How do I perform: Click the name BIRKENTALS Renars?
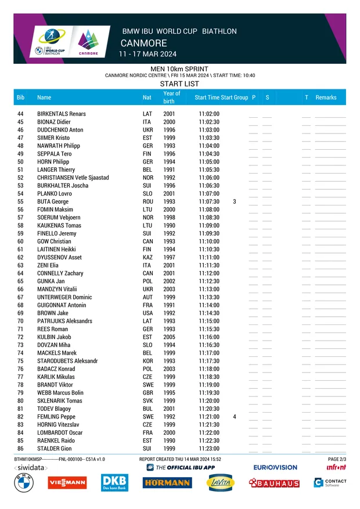61,114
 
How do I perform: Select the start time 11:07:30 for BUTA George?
209,201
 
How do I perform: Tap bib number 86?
20,449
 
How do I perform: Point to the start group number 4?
235,417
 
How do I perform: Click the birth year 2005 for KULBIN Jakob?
169,337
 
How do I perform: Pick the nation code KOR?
147,361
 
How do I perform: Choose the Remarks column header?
326,98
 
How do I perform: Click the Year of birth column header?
171,97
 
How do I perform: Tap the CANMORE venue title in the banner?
143,44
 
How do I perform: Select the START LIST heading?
179,84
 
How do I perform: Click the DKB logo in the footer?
114,482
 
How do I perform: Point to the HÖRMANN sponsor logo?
167,482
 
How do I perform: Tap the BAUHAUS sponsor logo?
274,483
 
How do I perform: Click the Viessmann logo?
67,482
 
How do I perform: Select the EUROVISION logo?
275,467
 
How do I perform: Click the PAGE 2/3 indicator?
337,459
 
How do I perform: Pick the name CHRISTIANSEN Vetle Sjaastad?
73,178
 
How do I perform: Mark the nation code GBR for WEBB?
147,393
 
